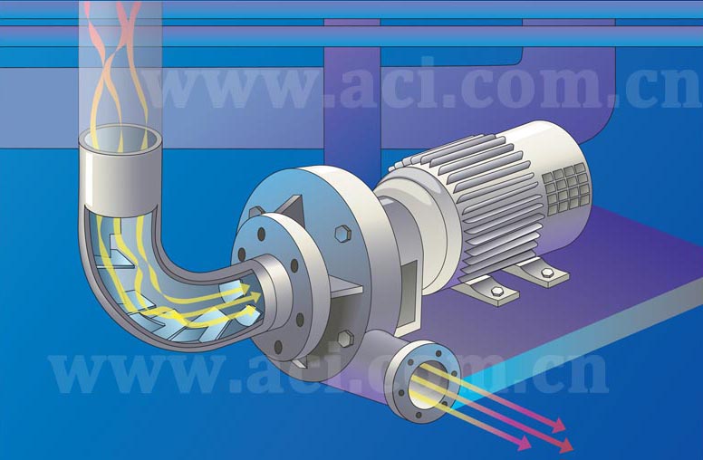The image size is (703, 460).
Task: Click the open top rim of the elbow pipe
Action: [x=120, y=139]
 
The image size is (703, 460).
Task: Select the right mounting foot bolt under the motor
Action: [x=547, y=273]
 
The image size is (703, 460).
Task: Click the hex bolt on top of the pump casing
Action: [x=342, y=234]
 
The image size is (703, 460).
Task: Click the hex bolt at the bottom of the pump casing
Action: [x=344, y=340]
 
